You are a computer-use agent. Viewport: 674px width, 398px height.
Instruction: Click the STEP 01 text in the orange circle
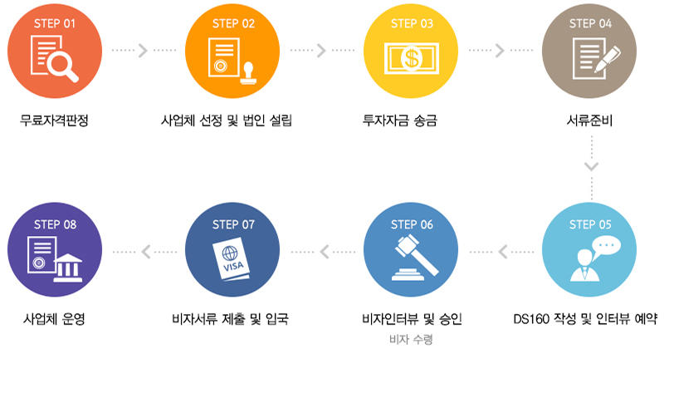tap(55, 23)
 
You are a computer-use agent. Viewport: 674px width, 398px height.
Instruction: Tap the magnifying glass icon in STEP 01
tap(62, 67)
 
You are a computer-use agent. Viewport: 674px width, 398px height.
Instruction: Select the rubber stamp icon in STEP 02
tap(248, 73)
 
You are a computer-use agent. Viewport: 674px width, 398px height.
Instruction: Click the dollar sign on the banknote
tap(412, 58)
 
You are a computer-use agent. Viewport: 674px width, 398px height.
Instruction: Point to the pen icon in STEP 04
tap(608, 59)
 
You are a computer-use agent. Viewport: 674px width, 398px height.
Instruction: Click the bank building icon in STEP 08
tap(68, 268)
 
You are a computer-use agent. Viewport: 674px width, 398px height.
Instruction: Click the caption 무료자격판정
tap(54, 120)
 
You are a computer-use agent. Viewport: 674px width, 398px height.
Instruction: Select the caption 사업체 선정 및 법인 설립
tap(227, 120)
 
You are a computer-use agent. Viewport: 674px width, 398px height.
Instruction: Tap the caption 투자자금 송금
tap(400, 120)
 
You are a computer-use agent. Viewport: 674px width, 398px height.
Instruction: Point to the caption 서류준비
tap(589, 120)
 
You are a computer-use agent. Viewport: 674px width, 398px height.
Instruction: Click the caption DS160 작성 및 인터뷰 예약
tap(585, 319)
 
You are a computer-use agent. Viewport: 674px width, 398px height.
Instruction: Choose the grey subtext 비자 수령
tap(411, 340)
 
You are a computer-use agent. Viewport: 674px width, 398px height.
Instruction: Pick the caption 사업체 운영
tap(54, 319)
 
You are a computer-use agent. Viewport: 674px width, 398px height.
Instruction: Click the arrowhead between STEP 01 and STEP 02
tap(143, 51)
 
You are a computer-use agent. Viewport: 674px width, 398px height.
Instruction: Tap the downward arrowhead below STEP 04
tap(592, 166)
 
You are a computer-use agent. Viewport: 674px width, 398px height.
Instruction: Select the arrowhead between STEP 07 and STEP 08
tap(146, 252)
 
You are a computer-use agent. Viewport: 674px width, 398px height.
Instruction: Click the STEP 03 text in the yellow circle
tap(412, 23)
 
